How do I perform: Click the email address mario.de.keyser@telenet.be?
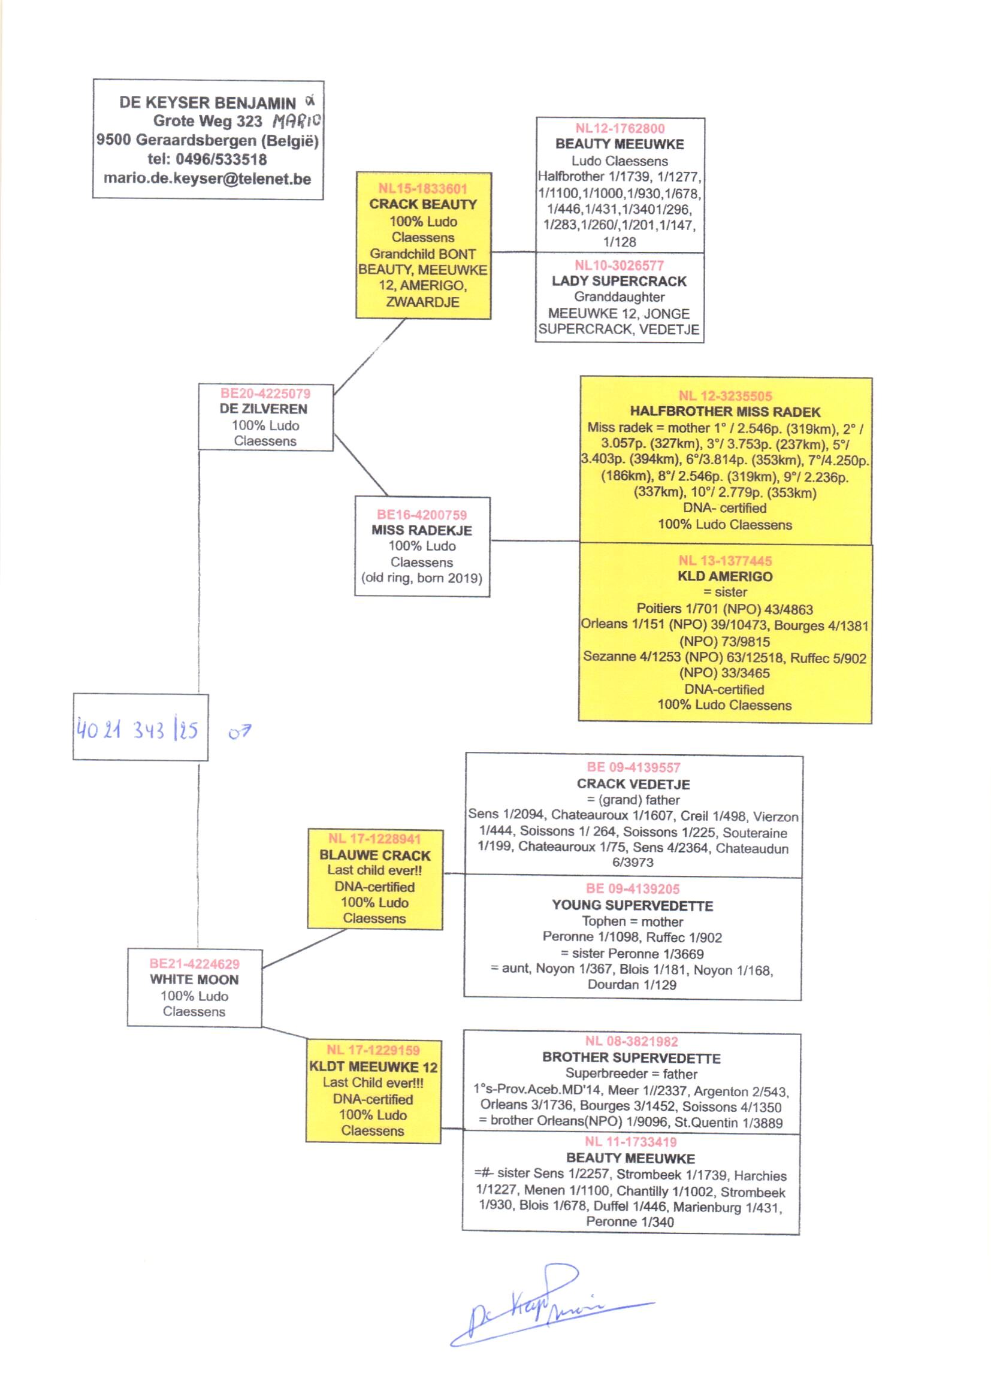(x=207, y=179)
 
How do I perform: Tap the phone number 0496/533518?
(x=221, y=160)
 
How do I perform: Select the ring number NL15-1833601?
(x=422, y=189)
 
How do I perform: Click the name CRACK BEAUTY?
(x=422, y=204)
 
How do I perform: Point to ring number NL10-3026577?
(x=619, y=265)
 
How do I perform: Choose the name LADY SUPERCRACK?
(x=619, y=281)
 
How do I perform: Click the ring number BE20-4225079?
(x=265, y=394)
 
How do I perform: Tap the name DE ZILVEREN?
(x=264, y=409)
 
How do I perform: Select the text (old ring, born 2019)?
(x=422, y=577)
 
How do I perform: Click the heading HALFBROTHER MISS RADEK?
(x=725, y=412)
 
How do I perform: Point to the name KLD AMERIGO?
(x=725, y=576)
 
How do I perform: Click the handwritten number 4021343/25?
(x=137, y=730)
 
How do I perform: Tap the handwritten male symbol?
(x=239, y=732)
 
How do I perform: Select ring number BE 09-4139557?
(x=633, y=767)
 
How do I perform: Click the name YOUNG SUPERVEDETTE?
(x=632, y=905)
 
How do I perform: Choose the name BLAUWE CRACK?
(x=374, y=855)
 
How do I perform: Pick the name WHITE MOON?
(x=194, y=979)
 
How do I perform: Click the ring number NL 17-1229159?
(x=373, y=1050)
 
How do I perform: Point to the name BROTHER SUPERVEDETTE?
(x=631, y=1058)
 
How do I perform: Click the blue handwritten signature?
(x=537, y=1305)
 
